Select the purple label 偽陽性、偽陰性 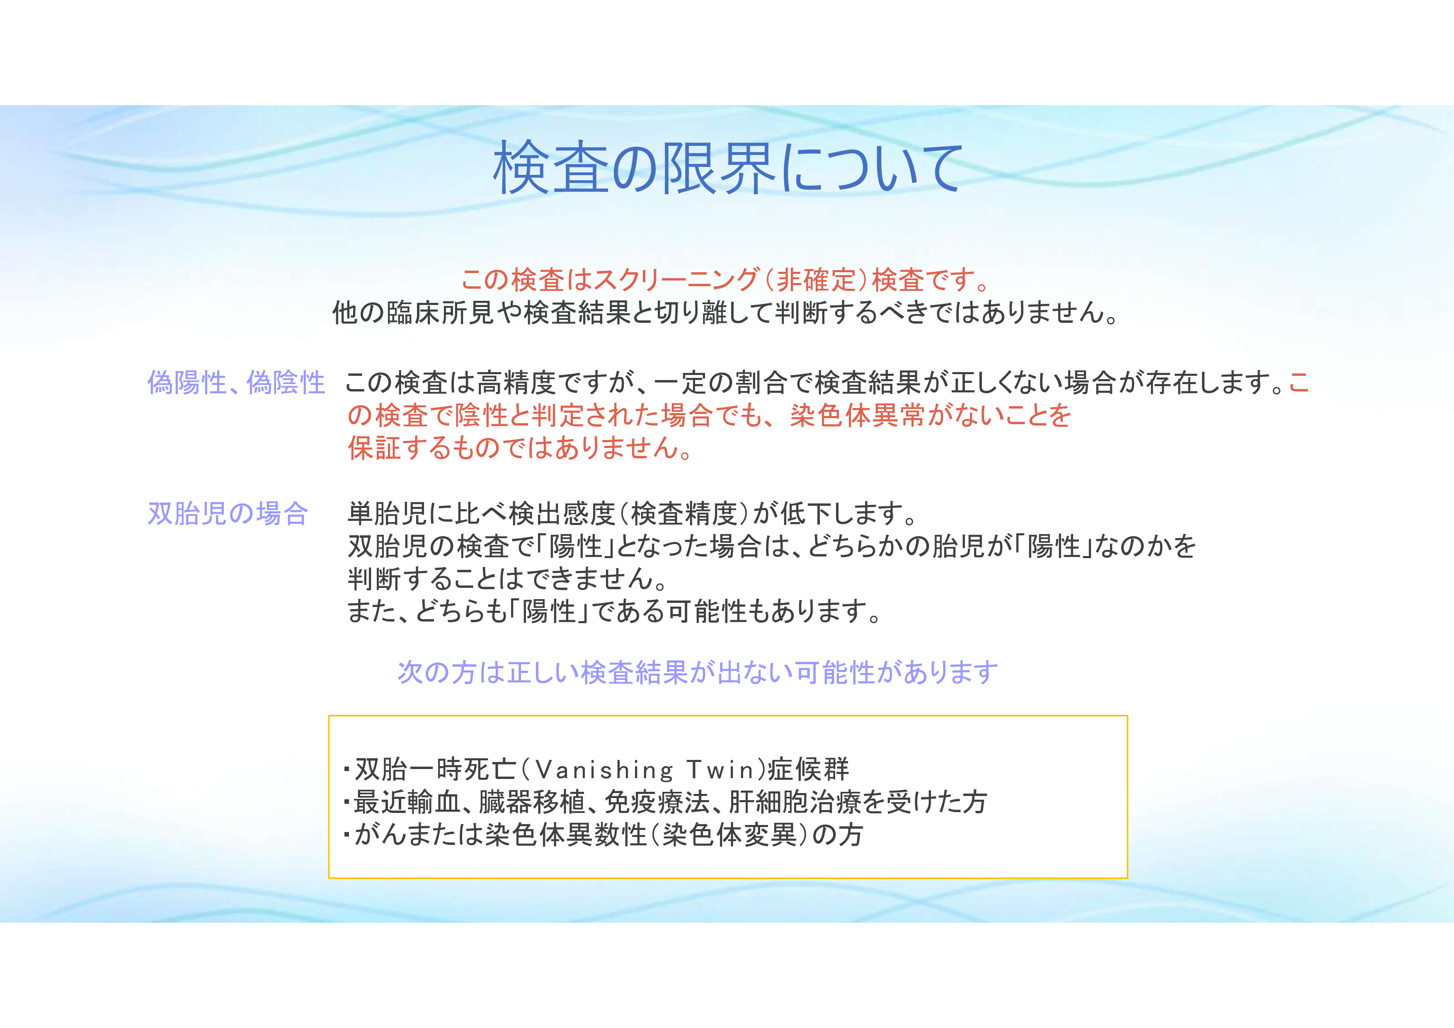click(236, 383)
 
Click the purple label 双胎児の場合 click(228, 513)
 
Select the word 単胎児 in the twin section click(387, 513)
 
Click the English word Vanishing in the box click(604, 770)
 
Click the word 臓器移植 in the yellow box click(532, 803)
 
